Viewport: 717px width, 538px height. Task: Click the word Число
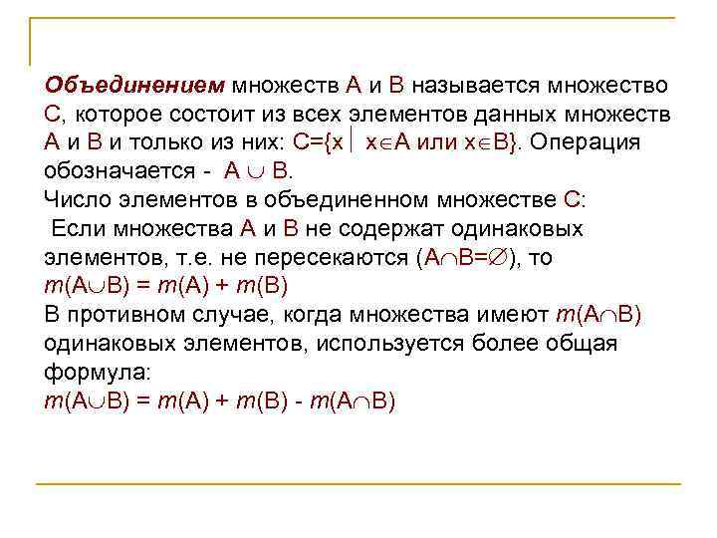click(x=74, y=197)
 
